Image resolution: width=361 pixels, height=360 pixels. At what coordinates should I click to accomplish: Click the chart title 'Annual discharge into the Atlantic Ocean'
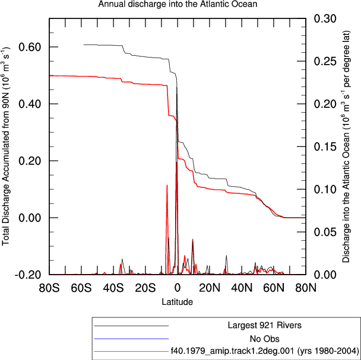coord(178,4)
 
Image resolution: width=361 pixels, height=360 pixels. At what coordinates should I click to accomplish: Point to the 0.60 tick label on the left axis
coord(30,47)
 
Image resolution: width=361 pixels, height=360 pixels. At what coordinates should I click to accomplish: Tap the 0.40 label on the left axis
coord(30,104)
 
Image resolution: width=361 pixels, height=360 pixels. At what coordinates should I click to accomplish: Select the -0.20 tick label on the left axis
coord(28,275)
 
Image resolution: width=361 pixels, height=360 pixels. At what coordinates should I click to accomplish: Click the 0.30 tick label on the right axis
coord(325,18)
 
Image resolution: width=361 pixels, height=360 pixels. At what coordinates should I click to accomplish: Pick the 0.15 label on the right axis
coord(325,146)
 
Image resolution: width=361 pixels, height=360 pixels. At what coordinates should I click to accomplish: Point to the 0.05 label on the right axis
coord(325,232)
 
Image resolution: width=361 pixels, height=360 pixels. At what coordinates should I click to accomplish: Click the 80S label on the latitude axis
coord(49,288)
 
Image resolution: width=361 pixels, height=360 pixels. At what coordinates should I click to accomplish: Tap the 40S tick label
coord(113,288)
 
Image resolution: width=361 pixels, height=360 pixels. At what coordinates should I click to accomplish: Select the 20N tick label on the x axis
coord(210,288)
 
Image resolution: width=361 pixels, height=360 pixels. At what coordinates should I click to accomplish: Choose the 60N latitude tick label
coord(274,288)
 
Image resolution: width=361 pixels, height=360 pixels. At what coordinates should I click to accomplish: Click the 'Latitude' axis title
coord(178,301)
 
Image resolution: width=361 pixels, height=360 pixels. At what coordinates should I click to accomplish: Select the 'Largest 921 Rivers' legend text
coord(265,325)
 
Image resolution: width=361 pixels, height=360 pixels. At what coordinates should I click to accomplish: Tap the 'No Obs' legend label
coord(265,339)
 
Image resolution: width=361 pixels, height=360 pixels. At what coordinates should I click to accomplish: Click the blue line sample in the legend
coord(131,339)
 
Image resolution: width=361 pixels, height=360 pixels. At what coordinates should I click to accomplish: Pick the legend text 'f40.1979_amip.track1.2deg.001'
coord(232,351)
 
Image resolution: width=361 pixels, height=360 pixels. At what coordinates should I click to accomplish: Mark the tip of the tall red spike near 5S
coord(167,184)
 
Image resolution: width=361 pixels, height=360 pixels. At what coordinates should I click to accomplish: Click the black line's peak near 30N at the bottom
coord(227,256)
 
